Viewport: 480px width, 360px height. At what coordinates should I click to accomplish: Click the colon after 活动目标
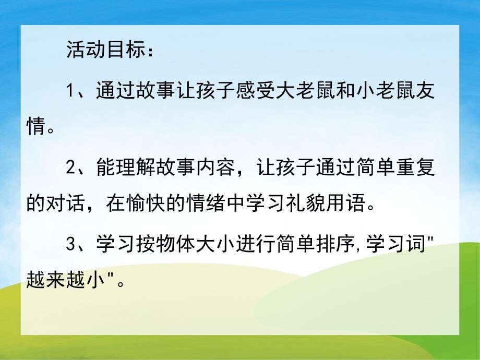[150, 51]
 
